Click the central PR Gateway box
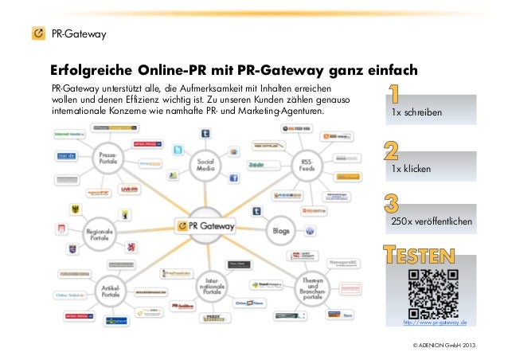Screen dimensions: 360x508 (207, 226)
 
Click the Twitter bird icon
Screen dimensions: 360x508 (178, 151)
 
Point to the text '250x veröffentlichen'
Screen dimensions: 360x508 (432, 220)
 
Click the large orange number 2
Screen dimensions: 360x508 (392, 151)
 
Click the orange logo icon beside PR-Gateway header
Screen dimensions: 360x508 (37, 33)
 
